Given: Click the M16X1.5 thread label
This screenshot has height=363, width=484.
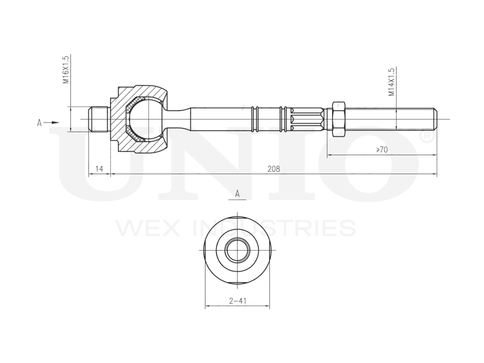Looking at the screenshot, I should pos(67,71).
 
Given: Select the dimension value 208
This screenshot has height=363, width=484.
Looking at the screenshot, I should pos(273,168).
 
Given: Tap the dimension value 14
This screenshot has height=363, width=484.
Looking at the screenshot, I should pos(99,168).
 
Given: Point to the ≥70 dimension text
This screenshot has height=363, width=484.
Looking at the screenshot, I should pos(382,150).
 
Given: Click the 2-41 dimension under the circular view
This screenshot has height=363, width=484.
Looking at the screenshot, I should pos(238,301).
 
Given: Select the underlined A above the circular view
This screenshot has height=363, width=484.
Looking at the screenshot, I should pos(238,194).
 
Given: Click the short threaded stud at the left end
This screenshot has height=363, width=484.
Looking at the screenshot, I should pos(99,119).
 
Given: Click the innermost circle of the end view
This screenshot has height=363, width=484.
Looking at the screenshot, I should pos(238,250).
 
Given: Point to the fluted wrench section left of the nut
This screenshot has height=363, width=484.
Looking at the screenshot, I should pos(308,119).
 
